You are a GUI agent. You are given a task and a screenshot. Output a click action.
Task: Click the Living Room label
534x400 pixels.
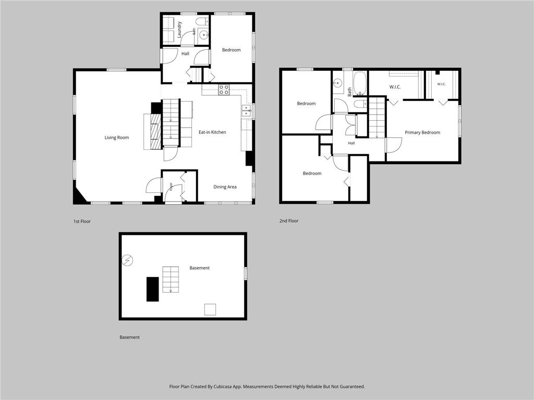coord(116,137)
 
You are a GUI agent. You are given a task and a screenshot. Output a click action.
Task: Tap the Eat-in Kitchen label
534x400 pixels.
coord(212,132)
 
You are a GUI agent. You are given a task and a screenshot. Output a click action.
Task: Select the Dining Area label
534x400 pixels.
coord(225,187)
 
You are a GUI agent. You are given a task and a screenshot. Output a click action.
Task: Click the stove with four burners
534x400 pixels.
coord(224,90)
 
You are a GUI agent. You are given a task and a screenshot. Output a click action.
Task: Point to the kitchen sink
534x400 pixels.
coord(246,111)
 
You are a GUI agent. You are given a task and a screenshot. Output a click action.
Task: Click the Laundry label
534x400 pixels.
coord(179,29)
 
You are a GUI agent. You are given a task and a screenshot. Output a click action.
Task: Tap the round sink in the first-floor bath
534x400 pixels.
coord(204,34)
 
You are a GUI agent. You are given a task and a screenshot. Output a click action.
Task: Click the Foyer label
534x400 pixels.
coord(171,186)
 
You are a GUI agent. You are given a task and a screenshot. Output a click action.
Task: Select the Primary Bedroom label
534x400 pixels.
coord(422,132)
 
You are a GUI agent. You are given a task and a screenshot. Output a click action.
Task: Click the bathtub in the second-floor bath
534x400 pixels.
coord(360,83)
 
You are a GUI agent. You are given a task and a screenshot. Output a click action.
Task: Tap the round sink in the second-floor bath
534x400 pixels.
coord(338,83)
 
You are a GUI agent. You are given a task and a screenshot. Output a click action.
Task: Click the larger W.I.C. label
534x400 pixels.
coord(395,87)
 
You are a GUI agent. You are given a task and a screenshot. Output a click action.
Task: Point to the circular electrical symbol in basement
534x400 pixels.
coord(127,260)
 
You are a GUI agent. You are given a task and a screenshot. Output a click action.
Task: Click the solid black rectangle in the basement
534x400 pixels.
coord(153,289)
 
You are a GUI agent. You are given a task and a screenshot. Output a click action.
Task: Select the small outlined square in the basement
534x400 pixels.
coord(210,309)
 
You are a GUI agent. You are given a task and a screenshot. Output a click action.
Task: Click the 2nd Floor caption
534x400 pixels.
coord(289,221)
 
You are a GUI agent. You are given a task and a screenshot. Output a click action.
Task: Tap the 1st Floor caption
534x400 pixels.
coord(82,221)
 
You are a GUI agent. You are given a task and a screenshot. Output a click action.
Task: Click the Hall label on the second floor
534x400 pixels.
coord(351,143)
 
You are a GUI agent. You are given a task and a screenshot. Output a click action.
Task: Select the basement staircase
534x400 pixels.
coord(171,280)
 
